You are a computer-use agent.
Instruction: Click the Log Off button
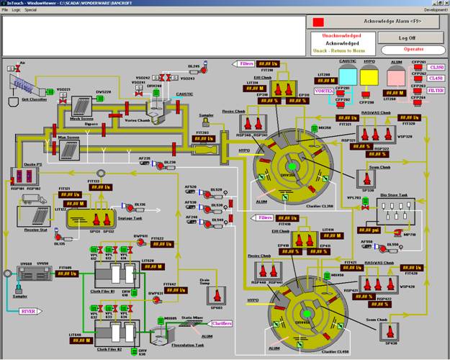[x=412, y=37]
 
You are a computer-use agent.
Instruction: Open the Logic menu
[x=16, y=10]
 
